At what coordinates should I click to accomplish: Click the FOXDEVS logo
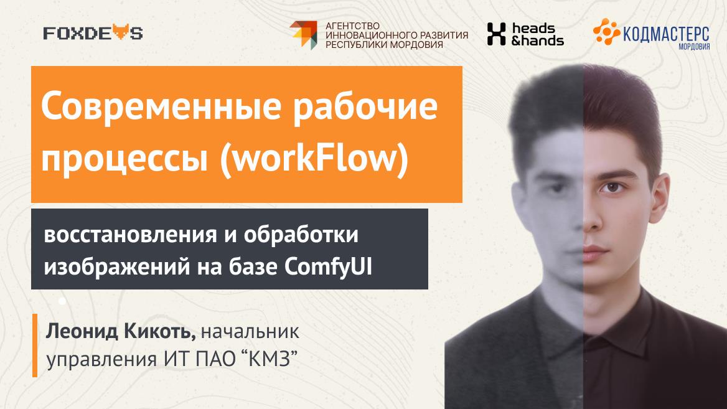tap(93, 33)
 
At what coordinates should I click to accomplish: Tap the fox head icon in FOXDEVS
tap(120, 32)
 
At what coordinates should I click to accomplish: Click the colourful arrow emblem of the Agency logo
tap(304, 35)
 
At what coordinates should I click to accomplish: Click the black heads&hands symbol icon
tap(496, 34)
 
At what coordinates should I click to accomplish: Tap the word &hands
tap(537, 41)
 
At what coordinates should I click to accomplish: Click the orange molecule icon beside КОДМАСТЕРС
tap(606, 32)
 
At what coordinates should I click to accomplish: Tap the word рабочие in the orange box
tap(365, 107)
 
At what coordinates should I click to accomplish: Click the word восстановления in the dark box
tap(130, 235)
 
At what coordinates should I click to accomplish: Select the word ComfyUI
tap(328, 267)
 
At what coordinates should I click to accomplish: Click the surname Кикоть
tap(159, 332)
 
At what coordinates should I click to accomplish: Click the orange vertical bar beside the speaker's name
tap(35, 346)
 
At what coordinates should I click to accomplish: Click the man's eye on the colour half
tap(612, 187)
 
